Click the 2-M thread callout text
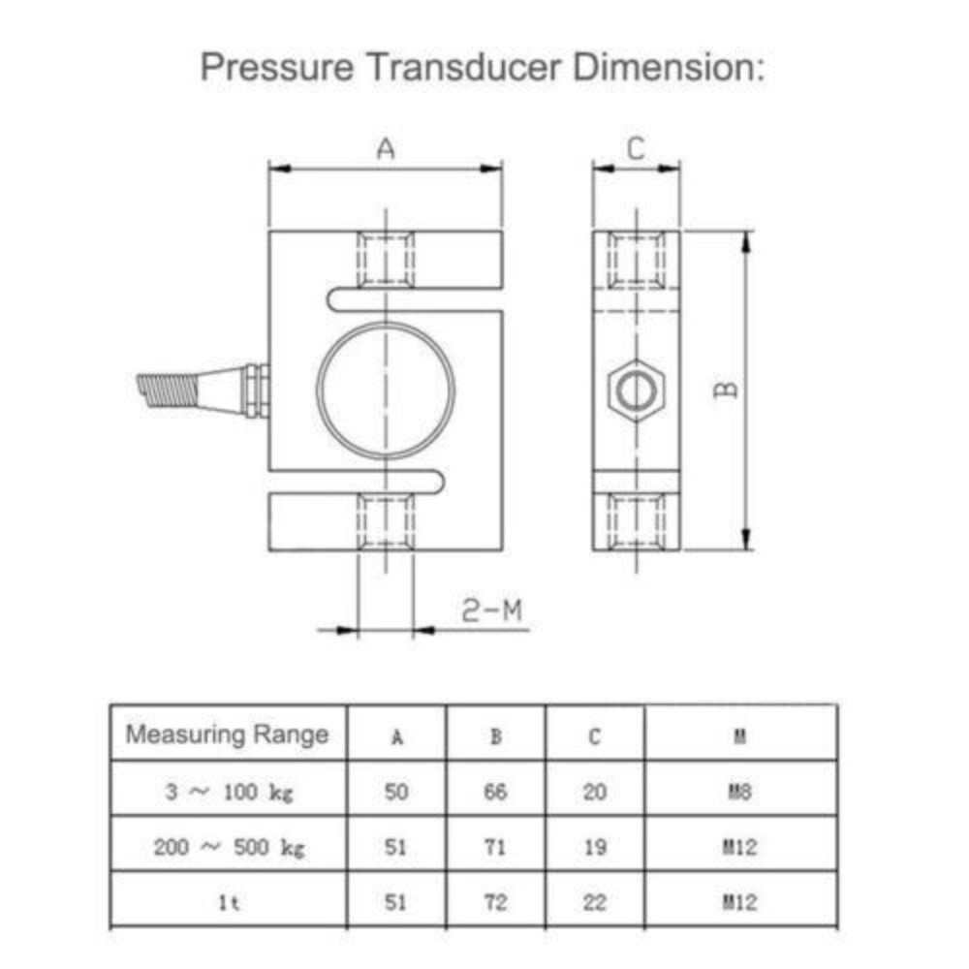(x=491, y=610)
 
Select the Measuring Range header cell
(x=228, y=735)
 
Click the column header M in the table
(x=740, y=736)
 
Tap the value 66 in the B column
(x=495, y=793)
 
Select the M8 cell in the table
(x=740, y=793)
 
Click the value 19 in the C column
(x=595, y=848)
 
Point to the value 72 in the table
(x=495, y=903)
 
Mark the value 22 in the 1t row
(x=595, y=903)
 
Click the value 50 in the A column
(x=396, y=793)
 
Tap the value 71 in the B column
(x=495, y=848)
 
